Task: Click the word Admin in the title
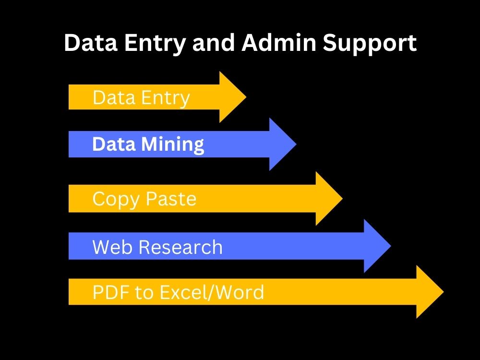(x=279, y=43)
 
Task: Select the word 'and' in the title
(x=214, y=43)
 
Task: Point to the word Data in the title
(x=91, y=43)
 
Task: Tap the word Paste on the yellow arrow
(x=171, y=199)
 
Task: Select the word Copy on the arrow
(x=116, y=200)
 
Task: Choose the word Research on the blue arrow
(x=180, y=247)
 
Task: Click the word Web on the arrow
(x=113, y=247)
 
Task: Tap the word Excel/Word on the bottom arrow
(x=212, y=292)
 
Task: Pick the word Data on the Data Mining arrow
(x=114, y=144)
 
